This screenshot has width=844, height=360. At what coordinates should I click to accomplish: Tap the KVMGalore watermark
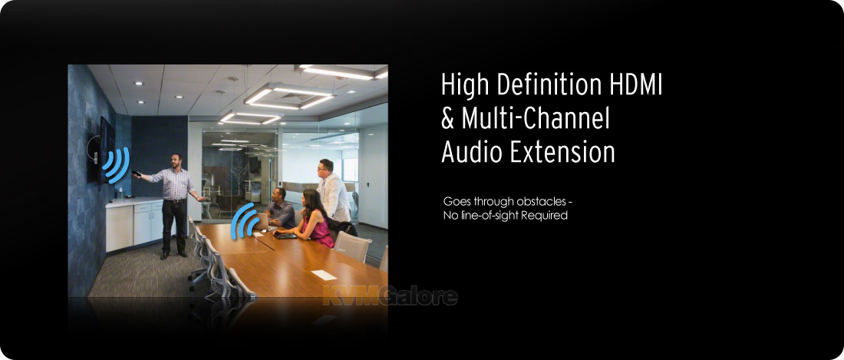click(391, 296)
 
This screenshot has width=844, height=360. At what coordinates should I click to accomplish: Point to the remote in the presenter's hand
click(137, 173)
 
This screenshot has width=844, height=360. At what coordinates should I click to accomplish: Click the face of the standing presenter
click(175, 161)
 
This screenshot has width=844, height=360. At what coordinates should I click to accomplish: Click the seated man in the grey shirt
click(280, 209)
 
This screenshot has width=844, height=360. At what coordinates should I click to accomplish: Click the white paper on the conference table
click(324, 275)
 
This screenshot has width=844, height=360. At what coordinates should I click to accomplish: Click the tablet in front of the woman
click(284, 235)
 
